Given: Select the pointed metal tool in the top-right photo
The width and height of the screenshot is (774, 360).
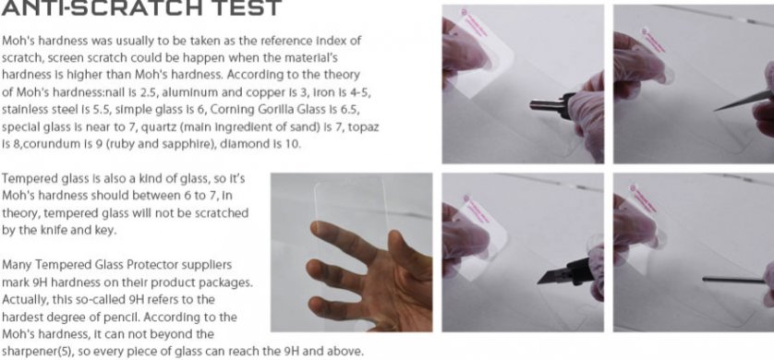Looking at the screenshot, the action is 744,101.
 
